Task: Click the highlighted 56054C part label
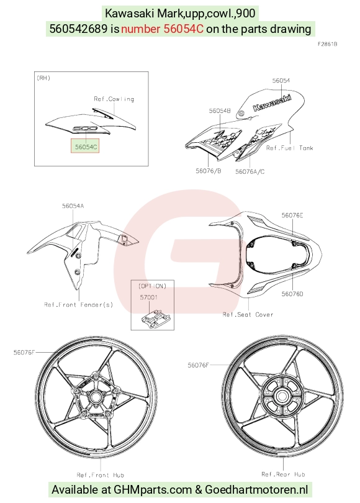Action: pyautogui.click(x=85, y=147)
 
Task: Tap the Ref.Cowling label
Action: pyautogui.click(x=114, y=99)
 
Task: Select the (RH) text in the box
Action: pyautogui.click(x=44, y=78)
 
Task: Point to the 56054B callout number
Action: pyautogui.click(x=220, y=111)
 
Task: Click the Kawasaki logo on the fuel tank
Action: pyautogui.click(x=272, y=102)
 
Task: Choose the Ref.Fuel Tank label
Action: pyautogui.click(x=289, y=148)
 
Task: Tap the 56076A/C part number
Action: pyautogui.click(x=250, y=171)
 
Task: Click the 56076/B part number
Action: pyautogui.click(x=209, y=171)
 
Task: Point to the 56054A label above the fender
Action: pyautogui.click(x=73, y=206)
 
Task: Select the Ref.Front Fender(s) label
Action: pyautogui.click(x=79, y=304)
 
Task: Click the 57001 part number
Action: pyautogui.click(x=149, y=297)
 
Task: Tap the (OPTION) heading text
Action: pyautogui.click(x=152, y=286)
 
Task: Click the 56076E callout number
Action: pyautogui.click(x=292, y=215)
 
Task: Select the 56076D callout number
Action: pyautogui.click(x=292, y=294)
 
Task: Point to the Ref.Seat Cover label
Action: pyautogui.click(x=248, y=314)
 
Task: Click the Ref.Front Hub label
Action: pyautogui.click(x=101, y=475)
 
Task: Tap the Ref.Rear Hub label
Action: pyautogui.click(x=284, y=474)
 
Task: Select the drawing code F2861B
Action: pyautogui.click(x=327, y=44)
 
